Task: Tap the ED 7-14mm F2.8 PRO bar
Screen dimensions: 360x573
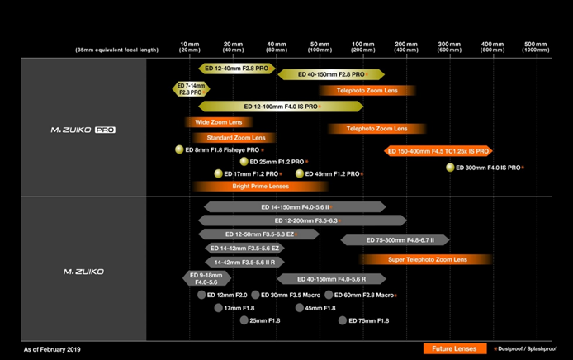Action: (x=190, y=89)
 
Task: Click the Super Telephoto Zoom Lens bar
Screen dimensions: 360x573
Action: (x=427, y=259)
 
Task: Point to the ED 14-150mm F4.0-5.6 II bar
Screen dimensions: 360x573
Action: (x=295, y=207)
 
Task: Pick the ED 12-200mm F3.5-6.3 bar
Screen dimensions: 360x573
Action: (x=305, y=220)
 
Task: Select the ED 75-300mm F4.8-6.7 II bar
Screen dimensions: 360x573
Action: (x=395, y=240)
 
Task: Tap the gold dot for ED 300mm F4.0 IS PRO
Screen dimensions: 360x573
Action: (x=450, y=168)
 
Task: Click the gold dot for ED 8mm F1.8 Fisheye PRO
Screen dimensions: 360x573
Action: (x=178, y=149)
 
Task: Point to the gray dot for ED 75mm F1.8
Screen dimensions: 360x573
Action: (x=343, y=320)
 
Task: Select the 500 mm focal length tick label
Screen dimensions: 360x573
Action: (x=536, y=46)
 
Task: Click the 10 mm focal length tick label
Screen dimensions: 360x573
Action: (x=189, y=46)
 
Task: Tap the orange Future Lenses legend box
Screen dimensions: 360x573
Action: (x=453, y=348)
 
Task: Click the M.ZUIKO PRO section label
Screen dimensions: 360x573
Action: (x=83, y=130)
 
